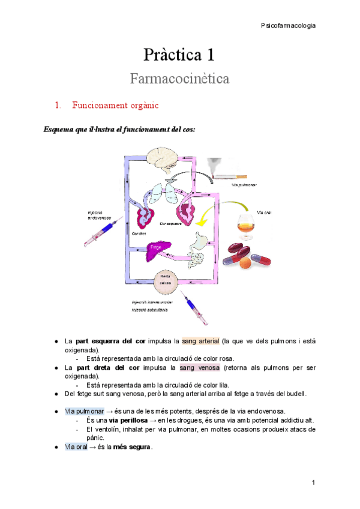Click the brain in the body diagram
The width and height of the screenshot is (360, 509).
point(163,159)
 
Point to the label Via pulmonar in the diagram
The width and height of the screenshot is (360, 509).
point(244,185)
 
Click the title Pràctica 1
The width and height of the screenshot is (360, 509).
point(179,56)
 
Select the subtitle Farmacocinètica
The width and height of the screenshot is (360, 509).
point(179,79)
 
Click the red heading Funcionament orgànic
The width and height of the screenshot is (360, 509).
point(115,106)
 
